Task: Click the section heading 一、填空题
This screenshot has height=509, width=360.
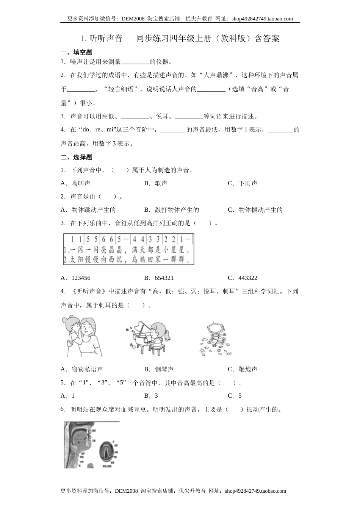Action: click(76, 52)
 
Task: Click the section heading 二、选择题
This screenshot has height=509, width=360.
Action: click(76, 157)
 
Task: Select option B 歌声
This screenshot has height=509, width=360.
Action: click(156, 183)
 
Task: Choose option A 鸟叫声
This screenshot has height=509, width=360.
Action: click(75, 183)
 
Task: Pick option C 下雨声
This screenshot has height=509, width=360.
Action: click(243, 183)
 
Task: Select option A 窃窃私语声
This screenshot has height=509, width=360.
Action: click(82, 369)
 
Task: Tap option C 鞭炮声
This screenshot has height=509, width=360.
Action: click(243, 369)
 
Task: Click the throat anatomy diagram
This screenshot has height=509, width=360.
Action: click(91, 445)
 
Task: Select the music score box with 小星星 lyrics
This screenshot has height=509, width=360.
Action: click(128, 249)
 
